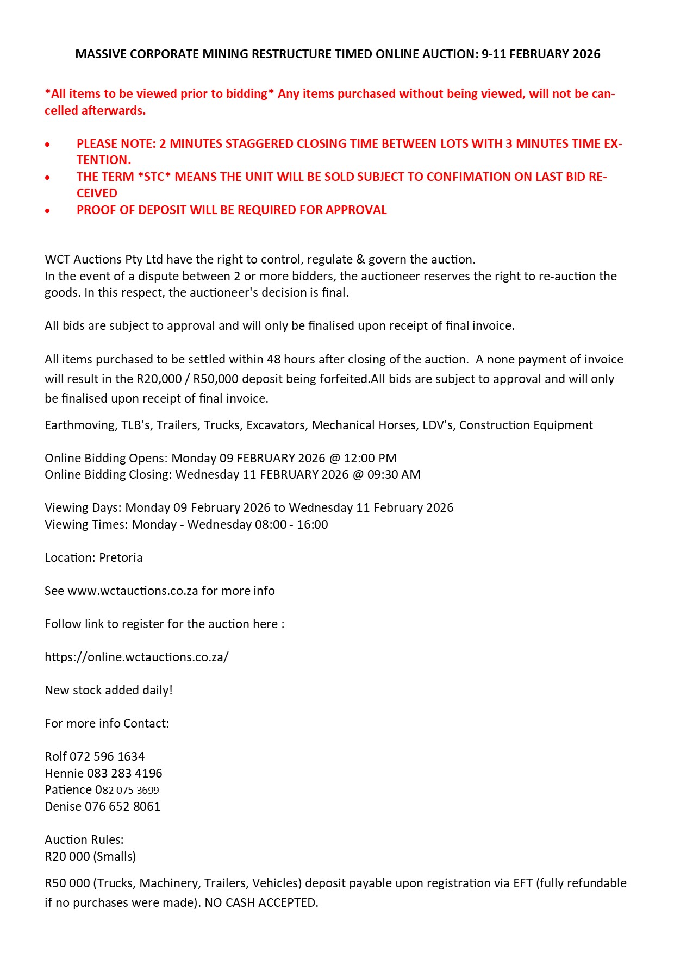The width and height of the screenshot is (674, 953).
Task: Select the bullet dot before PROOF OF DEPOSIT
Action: (48, 211)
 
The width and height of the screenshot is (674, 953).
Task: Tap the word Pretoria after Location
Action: (121, 558)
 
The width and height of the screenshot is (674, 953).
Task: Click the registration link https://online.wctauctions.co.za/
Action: (136, 657)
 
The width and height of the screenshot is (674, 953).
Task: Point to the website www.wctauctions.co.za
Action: (133, 591)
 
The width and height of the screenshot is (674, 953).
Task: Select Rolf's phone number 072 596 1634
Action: (107, 757)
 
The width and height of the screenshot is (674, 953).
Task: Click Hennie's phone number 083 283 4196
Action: (124, 774)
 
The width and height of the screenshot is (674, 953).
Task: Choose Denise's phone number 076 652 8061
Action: (122, 807)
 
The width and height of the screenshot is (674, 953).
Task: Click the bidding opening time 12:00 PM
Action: (370, 459)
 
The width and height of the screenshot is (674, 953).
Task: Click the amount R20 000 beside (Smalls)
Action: (67, 857)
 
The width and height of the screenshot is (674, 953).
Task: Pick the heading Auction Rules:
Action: (84, 840)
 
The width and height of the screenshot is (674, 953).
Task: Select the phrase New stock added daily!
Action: (109, 691)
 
